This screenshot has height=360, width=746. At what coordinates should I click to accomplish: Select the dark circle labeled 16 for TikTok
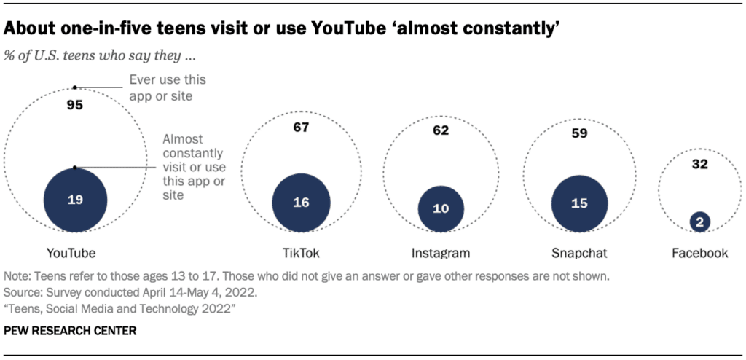[x=301, y=203]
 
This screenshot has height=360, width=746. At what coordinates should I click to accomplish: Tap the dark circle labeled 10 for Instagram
[x=440, y=208]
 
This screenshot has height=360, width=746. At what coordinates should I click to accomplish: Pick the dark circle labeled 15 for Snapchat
[x=579, y=203]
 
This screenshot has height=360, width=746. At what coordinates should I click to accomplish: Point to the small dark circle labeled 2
[x=699, y=222]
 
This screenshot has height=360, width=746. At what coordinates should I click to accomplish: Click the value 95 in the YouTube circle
[x=74, y=105]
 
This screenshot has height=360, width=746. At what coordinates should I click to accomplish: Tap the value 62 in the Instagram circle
[x=440, y=131]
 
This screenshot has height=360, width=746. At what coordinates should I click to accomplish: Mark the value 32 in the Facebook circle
[x=699, y=164]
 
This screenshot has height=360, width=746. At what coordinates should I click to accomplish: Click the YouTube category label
[x=71, y=253]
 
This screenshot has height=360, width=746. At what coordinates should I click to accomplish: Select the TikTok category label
[x=301, y=253]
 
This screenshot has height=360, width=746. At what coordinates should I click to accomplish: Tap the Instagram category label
[x=441, y=253]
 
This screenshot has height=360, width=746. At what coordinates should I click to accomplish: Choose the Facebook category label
[x=699, y=253]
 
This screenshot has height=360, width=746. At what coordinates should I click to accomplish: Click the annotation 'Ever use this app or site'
[x=167, y=87]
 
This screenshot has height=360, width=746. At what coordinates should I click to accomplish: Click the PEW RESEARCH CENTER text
[x=70, y=331]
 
